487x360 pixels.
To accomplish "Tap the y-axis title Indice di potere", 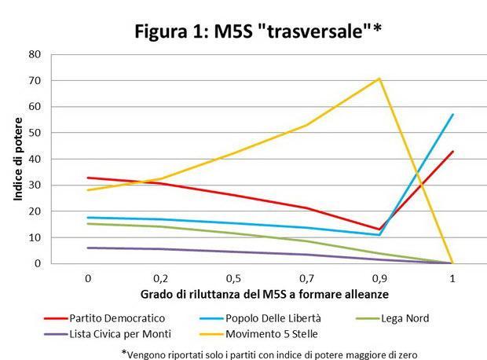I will tap(19, 158).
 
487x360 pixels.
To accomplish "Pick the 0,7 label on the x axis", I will tap(306, 277).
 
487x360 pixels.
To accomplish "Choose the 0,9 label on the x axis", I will tap(379, 277).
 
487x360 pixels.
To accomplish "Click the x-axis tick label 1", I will tap(453, 277).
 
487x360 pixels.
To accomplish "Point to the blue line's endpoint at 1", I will tap(453, 115).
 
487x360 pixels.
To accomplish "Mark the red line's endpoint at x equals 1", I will tap(453, 152).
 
